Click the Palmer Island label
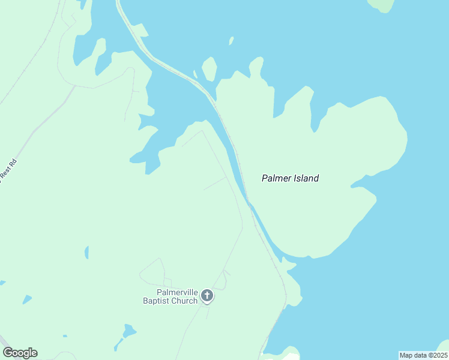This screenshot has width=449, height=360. coord(290,178)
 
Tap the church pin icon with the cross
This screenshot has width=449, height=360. coord(207,295)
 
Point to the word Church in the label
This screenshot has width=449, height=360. coord(185,301)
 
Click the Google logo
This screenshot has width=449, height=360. coord(20,353)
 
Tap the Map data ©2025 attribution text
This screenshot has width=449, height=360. coord(423,355)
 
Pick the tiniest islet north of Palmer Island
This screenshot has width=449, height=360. coord(231,41)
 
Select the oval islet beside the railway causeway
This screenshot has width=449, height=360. coord(209,68)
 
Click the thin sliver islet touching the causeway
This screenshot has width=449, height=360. coord(195,74)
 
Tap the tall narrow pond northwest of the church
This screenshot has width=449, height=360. coord(87,252)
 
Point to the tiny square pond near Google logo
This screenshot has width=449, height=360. coord(65,336)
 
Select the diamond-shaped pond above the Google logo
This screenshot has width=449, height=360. coord(27,299)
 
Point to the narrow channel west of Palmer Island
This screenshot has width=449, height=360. coord(237,174)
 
